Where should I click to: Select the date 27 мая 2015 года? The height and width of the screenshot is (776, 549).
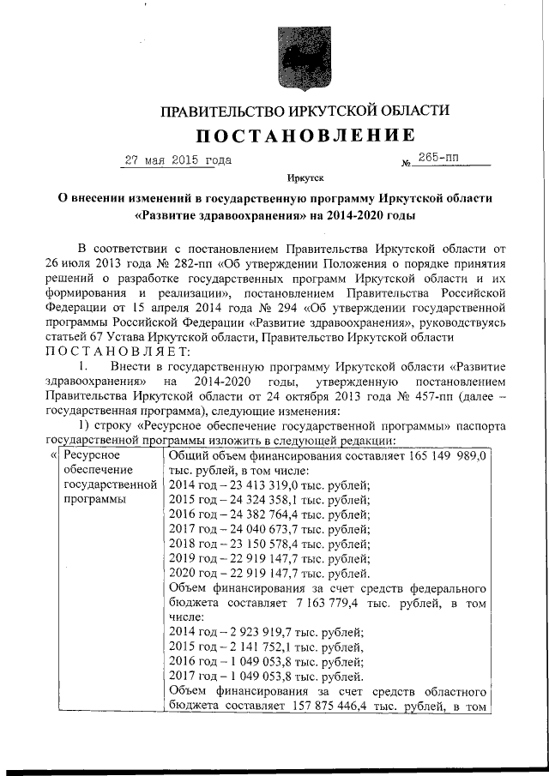[178, 160]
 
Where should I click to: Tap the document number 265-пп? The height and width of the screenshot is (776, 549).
[440, 159]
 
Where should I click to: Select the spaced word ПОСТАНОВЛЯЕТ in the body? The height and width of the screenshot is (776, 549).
[113, 353]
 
